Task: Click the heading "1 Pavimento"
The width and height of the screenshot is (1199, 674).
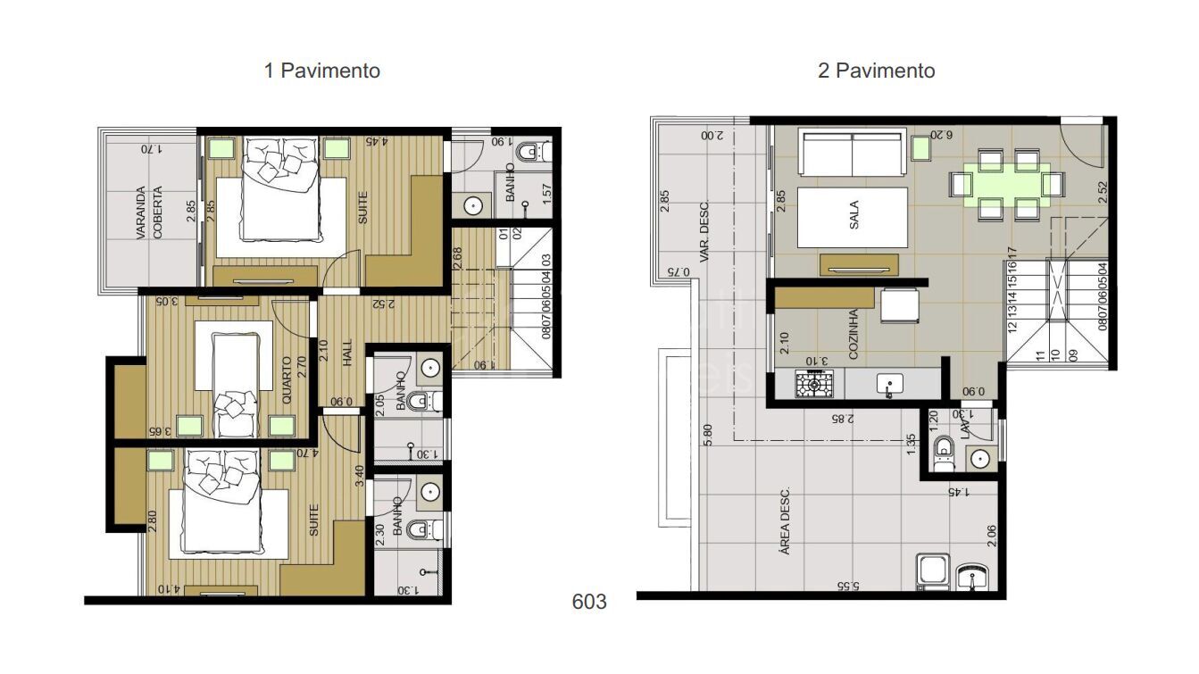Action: [x=321, y=71]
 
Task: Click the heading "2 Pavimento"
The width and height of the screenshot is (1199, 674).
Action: [x=876, y=71]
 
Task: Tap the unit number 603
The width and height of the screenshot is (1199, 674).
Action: [x=589, y=602]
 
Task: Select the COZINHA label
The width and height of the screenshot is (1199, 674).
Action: [x=853, y=335]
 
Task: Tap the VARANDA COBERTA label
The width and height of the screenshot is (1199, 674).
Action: [x=149, y=212]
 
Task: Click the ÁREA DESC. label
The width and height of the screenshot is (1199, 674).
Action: [x=785, y=521]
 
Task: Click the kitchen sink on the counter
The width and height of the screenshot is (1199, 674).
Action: [x=889, y=385]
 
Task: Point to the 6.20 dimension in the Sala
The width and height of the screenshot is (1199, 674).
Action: [x=942, y=135]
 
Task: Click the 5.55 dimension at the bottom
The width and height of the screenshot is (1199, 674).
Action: [x=847, y=587]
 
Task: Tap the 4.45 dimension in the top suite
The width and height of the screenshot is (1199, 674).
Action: [x=377, y=141]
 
